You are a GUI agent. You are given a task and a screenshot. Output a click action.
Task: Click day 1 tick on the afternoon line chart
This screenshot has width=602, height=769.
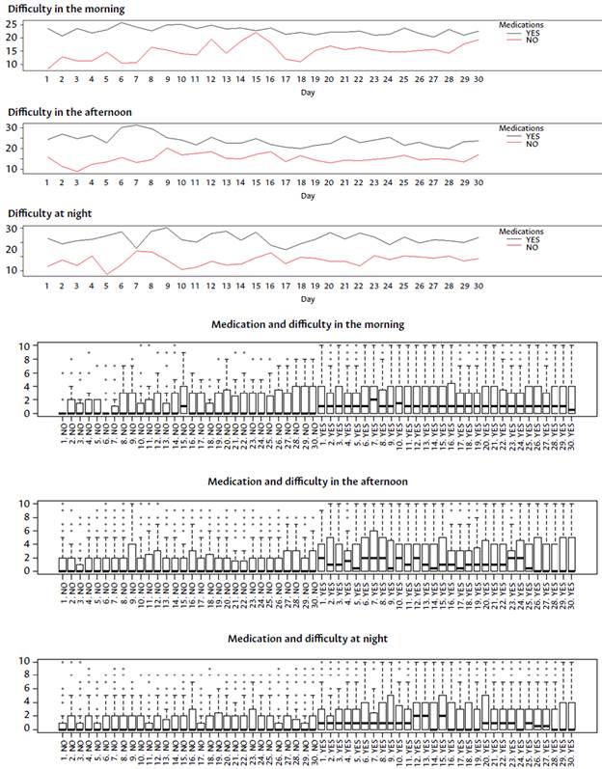coord(47,182)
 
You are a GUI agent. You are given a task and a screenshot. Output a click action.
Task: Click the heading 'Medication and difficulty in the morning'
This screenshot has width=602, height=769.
coord(307,324)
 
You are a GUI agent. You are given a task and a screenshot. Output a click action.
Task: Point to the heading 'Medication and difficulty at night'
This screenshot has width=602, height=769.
coord(308,639)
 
